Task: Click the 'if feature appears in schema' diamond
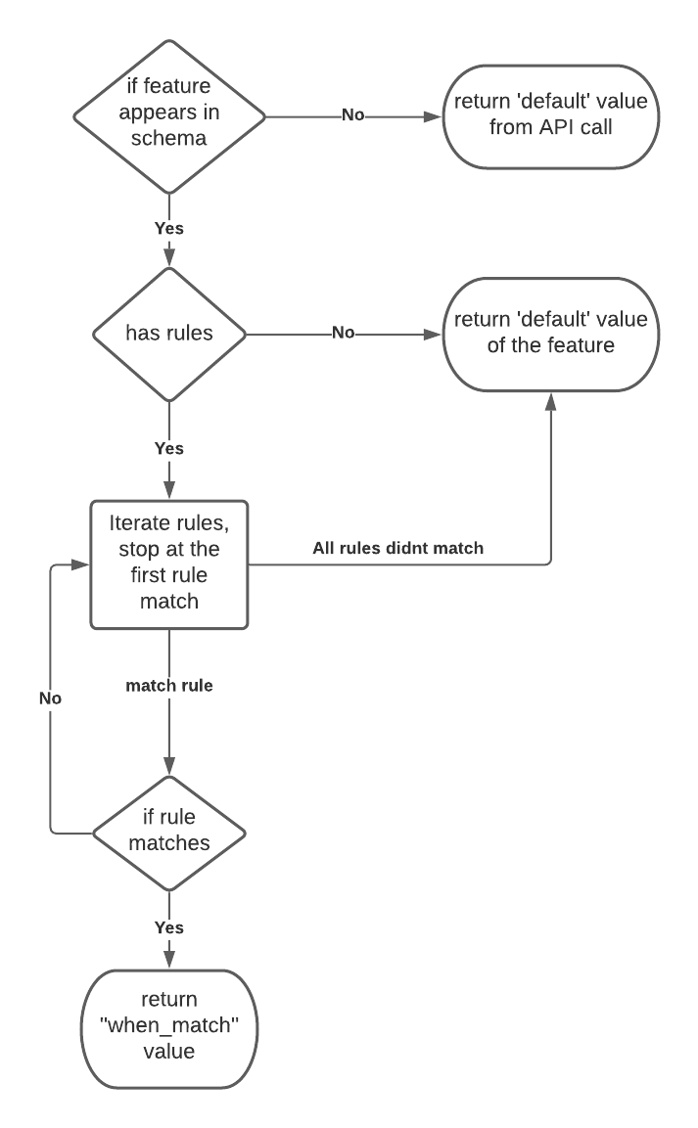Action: [169, 114]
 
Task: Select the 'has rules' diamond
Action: [169, 333]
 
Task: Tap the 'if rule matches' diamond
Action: [169, 834]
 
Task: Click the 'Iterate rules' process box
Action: [169, 564]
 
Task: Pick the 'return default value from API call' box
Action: [547, 114]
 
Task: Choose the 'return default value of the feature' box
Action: [547, 333]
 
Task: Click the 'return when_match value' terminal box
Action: [169, 1028]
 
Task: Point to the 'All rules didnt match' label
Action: [397, 548]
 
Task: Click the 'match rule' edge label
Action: [169, 686]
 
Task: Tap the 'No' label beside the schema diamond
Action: [352, 114]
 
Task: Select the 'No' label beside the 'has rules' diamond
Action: [343, 333]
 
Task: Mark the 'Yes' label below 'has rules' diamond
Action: [169, 448]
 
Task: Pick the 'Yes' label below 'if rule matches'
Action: [169, 926]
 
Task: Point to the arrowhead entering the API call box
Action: [434, 114]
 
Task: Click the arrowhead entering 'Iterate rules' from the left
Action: [82, 564]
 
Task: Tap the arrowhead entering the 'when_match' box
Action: [169, 961]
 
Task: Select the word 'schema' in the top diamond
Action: [169, 138]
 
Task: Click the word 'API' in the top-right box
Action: [549, 127]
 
